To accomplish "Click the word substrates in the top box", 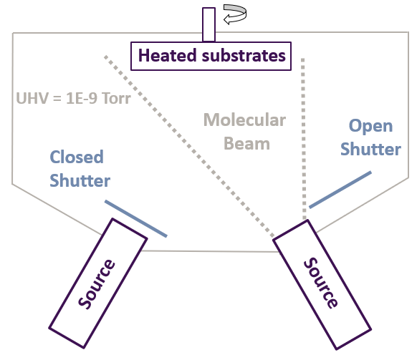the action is pyautogui.click(x=244, y=55).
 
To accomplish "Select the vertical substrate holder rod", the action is pyautogui.click(x=208, y=24).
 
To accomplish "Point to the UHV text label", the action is pyautogui.click(x=32, y=98).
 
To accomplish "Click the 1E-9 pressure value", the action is pyautogui.click(x=82, y=98).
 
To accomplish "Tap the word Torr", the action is pyautogui.click(x=116, y=98).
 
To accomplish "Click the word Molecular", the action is pyautogui.click(x=244, y=120).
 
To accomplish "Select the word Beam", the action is pyautogui.click(x=246, y=143).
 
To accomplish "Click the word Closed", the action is pyautogui.click(x=77, y=157).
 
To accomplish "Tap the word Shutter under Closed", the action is pyautogui.click(x=80, y=180).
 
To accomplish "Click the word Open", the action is pyautogui.click(x=370, y=127).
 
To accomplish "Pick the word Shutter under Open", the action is pyautogui.click(x=370, y=149).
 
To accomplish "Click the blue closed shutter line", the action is pyautogui.click(x=136, y=218).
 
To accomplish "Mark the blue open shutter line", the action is pyautogui.click(x=340, y=190).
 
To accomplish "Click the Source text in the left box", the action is pyautogui.click(x=97, y=283).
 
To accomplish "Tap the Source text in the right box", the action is pyautogui.click(x=321, y=283).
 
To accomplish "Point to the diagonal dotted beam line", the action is pyautogui.click(x=189, y=147).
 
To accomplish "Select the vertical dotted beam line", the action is pyautogui.click(x=304, y=139).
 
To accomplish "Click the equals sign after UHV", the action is pyautogui.click(x=57, y=99).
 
